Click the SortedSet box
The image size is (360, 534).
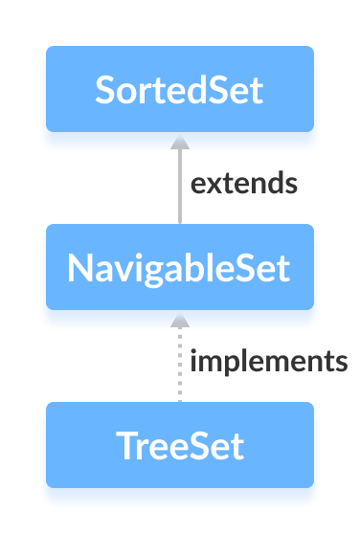180,89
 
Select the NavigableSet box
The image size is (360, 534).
180,267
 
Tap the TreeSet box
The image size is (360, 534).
180,445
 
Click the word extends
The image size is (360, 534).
243,183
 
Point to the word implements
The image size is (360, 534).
268,362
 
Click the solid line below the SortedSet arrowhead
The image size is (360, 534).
179,191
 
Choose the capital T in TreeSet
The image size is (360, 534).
124,445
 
